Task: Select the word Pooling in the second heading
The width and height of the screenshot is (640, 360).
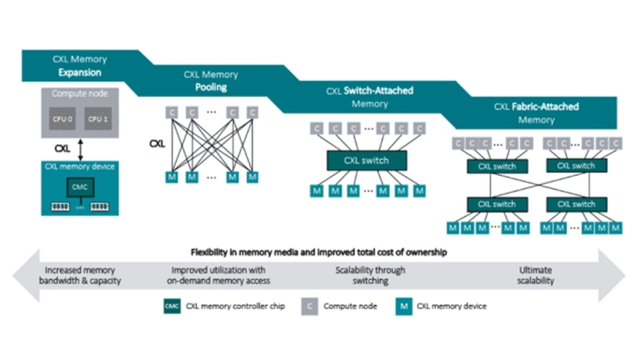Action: pos(210,87)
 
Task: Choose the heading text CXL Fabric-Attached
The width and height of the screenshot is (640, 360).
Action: pos(536,107)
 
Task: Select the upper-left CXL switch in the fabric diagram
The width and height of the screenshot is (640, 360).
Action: pos(497,166)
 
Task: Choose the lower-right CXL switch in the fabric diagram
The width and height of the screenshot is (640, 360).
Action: pos(574,204)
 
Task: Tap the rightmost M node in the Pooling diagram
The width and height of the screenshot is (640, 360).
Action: pos(252,177)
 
